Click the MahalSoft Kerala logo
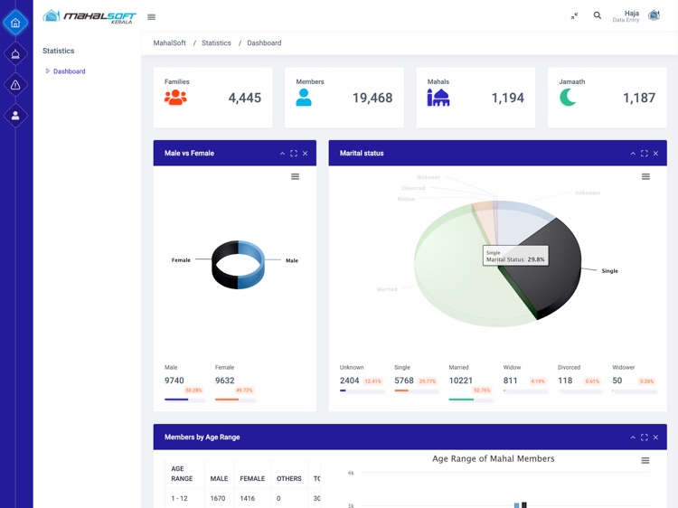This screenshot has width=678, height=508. pyautogui.click(x=89, y=16)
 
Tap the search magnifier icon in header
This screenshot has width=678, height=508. pyautogui.click(x=598, y=15)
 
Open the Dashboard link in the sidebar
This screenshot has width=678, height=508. pyautogui.click(x=69, y=71)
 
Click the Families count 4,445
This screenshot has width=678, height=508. pyautogui.click(x=244, y=98)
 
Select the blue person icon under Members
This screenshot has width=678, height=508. pyautogui.click(x=304, y=98)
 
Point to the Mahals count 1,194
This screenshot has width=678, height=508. pyautogui.click(x=507, y=98)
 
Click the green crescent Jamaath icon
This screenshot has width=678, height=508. pyautogui.click(x=568, y=97)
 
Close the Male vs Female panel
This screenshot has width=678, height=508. pyautogui.click(x=306, y=154)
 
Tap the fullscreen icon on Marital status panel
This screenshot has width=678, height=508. pyautogui.click(x=645, y=154)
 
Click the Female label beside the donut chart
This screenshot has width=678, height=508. pyautogui.click(x=181, y=260)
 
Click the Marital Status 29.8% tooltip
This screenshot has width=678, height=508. pyautogui.click(x=515, y=257)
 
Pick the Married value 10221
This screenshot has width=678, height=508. pyautogui.click(x=461, y=381)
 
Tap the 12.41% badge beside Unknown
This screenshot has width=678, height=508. pyautogui.click(x=373, y=381)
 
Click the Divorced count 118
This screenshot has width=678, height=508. pyautogui.click(x=565, y=381)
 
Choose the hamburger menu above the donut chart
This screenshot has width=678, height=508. pyautogui.click(x=295, y=176)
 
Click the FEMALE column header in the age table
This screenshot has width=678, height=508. pyautogui.click(x=252, y=478)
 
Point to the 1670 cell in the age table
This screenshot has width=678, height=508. pyautogui.click(x=218, y=498)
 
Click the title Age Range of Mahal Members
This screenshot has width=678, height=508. pyautogui.click(x=493, y=459)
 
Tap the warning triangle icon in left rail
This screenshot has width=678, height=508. pyautogui.click(x=15, y=85)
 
